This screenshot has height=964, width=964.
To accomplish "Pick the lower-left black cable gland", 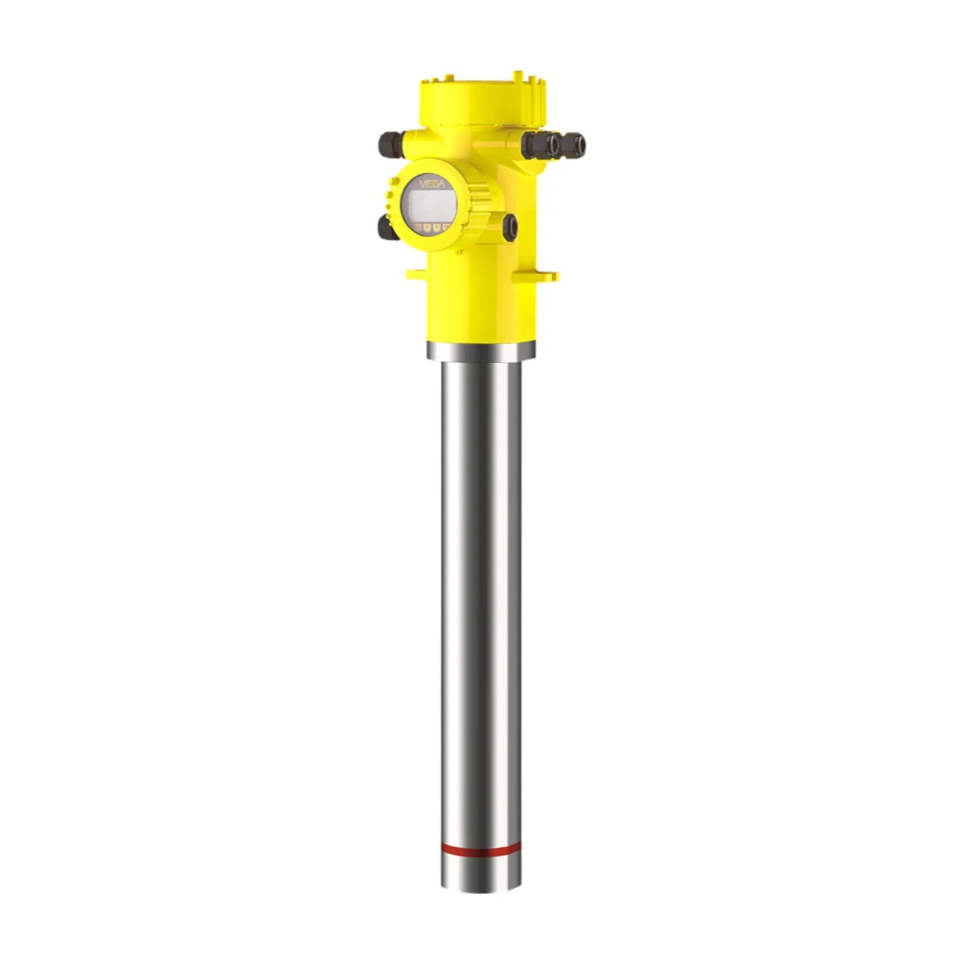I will coord(385,228).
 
